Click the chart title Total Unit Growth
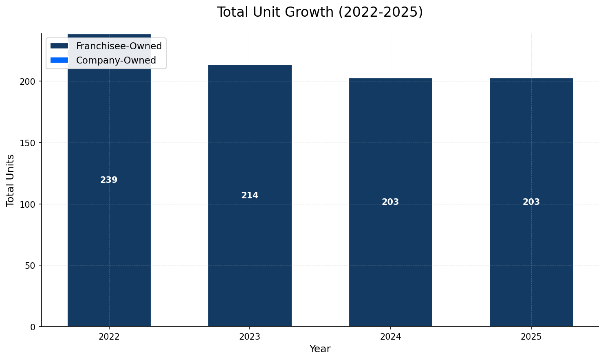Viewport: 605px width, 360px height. coord(320,12)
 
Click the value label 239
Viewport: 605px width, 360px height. coord(109,180)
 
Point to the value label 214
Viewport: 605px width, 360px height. coord(250,195)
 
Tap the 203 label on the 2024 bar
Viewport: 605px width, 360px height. coord(390,202)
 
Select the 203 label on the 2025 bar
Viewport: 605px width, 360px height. coord(531,202)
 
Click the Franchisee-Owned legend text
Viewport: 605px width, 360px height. coord(119,46)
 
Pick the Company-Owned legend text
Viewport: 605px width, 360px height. coord(116,60)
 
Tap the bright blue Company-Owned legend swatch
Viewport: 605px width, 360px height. coord(59,60)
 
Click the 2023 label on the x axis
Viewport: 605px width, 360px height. coord(250,337)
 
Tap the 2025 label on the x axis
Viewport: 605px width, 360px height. coord(531,337)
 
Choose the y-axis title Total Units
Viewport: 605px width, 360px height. coord(11,180)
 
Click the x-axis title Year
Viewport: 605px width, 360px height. coord(320,349)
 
